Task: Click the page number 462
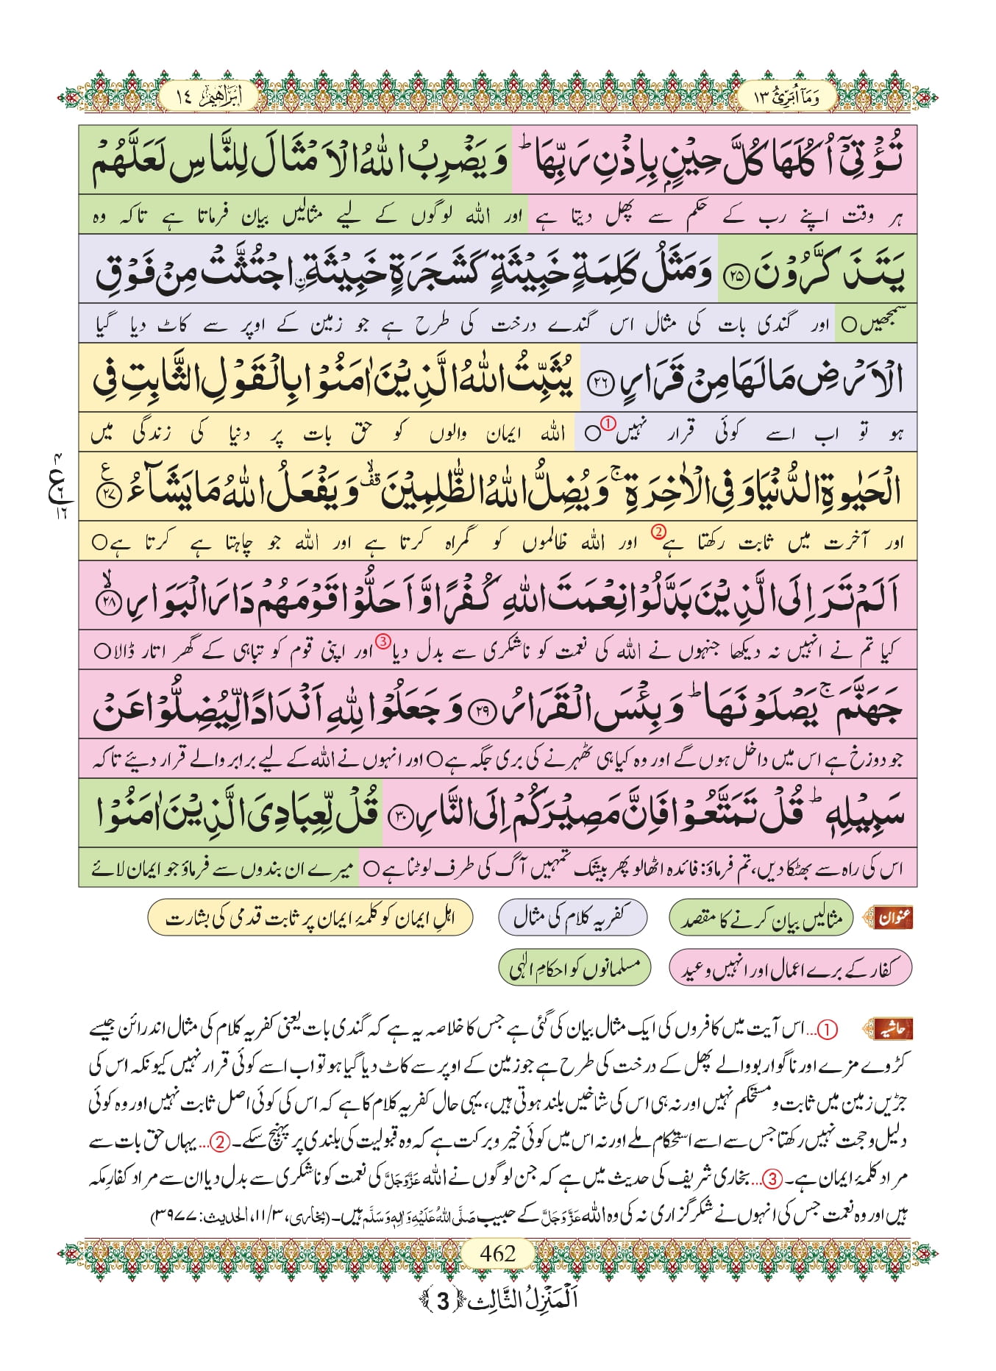tap(497, 1253)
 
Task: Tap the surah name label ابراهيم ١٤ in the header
tap(208, 97)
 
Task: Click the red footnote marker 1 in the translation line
tap(607, 423)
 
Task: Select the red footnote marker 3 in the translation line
tap(383, 641)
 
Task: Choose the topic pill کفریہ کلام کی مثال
tap(572, 917)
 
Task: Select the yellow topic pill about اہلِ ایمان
tap(310, 918)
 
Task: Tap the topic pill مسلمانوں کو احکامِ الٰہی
tap(575, 968)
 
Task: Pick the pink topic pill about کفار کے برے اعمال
tap(790, 969)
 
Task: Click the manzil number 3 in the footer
tap(442, 1301)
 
